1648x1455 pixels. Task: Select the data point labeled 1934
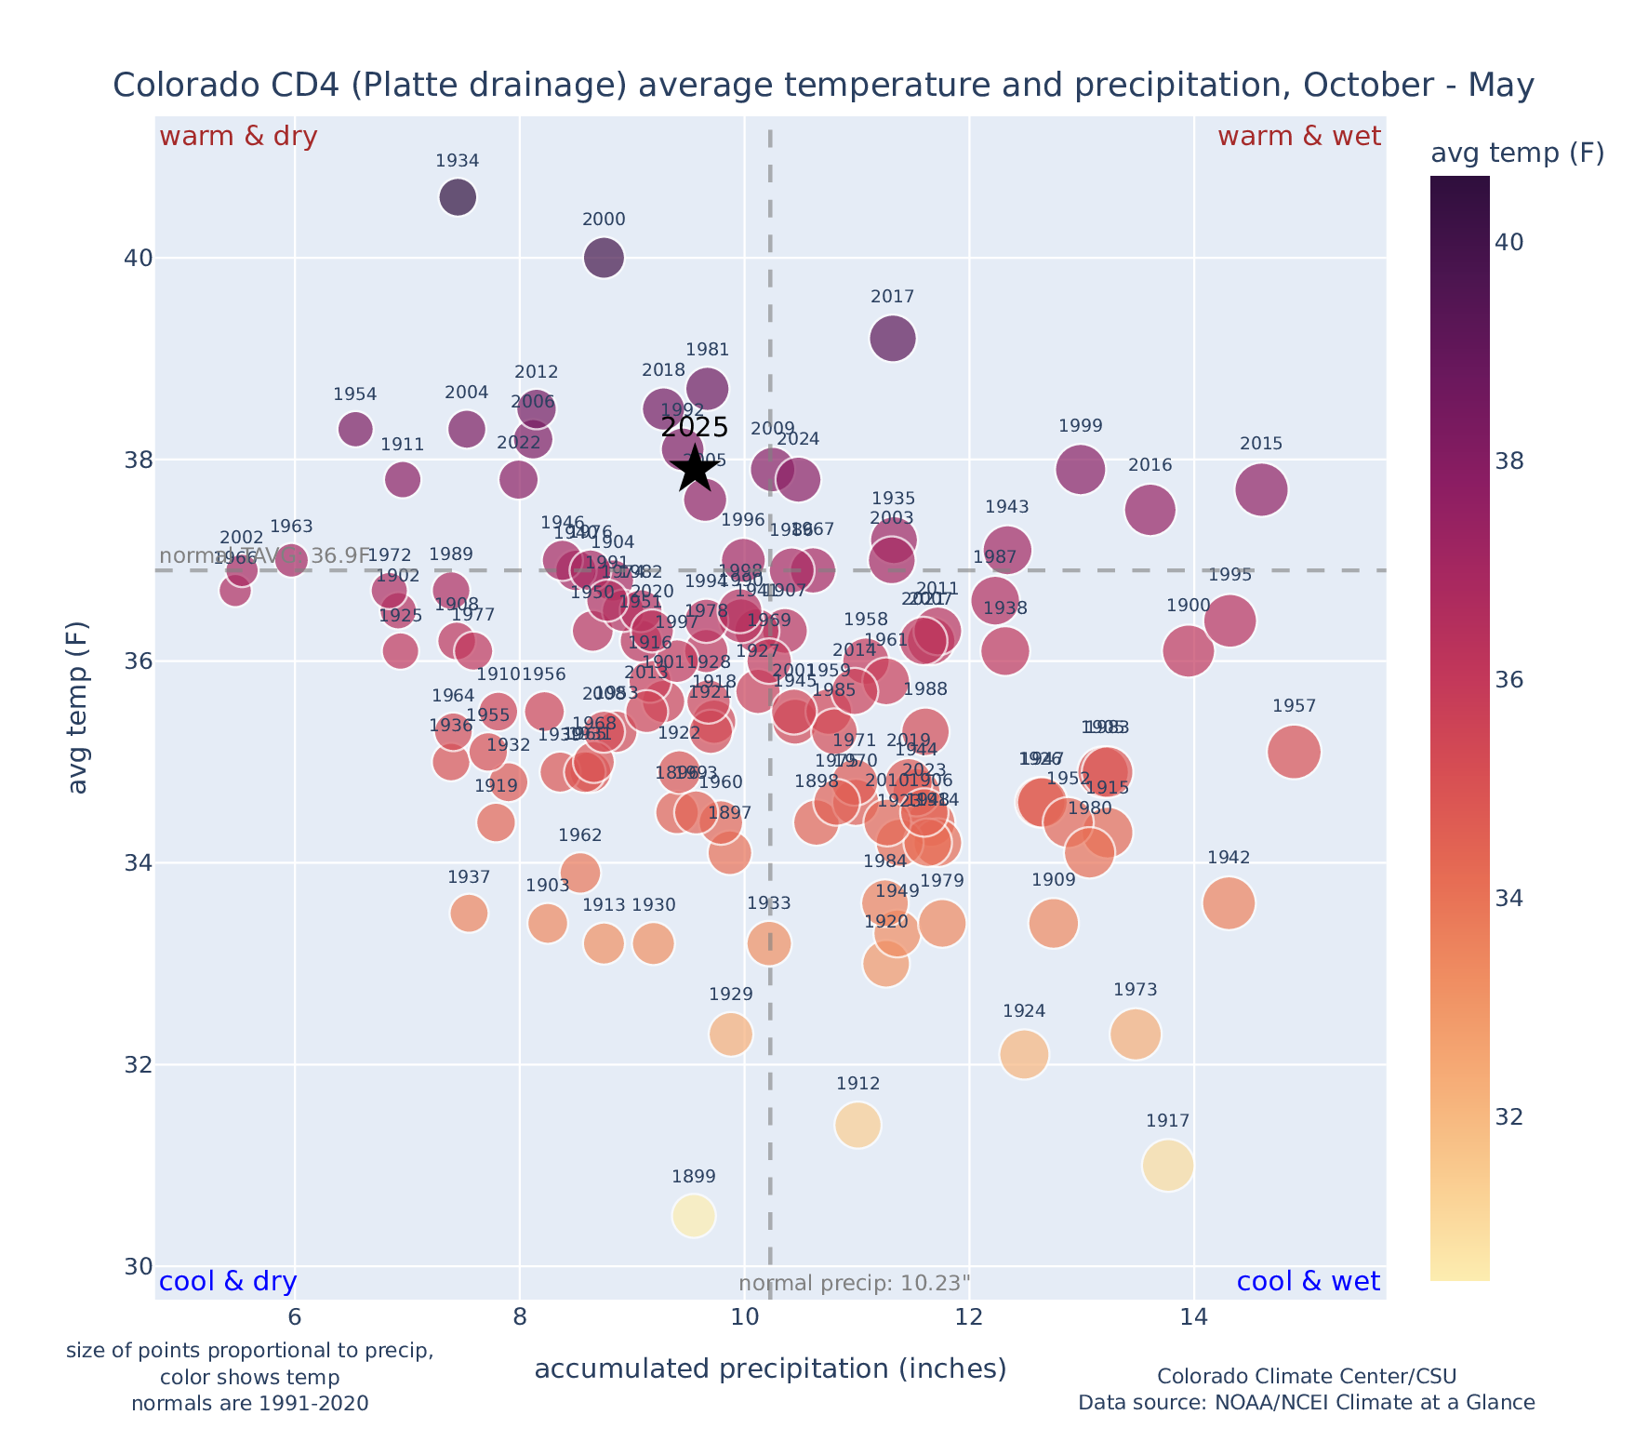458,197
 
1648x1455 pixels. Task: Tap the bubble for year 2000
604,258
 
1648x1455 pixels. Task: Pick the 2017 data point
893,339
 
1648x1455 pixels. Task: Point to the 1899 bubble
694,1215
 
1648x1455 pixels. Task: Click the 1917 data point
1168,1165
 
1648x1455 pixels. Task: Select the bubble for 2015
1261,489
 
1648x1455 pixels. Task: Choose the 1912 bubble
857,1125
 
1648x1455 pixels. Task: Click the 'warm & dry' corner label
238,137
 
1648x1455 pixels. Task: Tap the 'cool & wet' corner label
1308,1282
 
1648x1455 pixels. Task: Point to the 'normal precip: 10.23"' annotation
854,1284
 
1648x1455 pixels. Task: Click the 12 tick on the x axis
969,1318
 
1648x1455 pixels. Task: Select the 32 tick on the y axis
138,1065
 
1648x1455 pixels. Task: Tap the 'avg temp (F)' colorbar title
1517,154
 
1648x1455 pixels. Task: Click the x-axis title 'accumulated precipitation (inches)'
770,1368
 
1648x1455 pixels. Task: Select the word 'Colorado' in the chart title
173,86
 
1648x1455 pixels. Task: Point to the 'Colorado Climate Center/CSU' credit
1306,1376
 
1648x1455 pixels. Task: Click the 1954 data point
355,429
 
